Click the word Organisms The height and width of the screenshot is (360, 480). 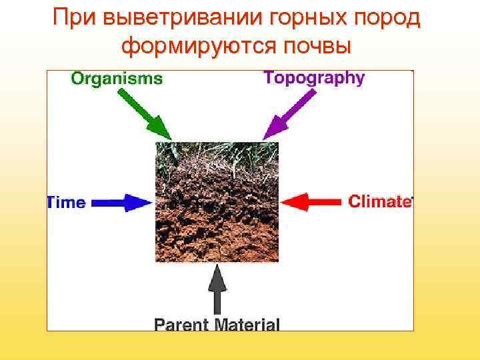(x=117, y=79)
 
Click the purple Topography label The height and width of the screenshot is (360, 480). (x=314, y=77)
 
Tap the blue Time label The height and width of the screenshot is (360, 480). (x=66, y=203)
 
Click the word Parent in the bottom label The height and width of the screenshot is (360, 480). (x=181, y=325)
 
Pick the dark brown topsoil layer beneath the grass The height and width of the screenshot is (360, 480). (x=217, y=190)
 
